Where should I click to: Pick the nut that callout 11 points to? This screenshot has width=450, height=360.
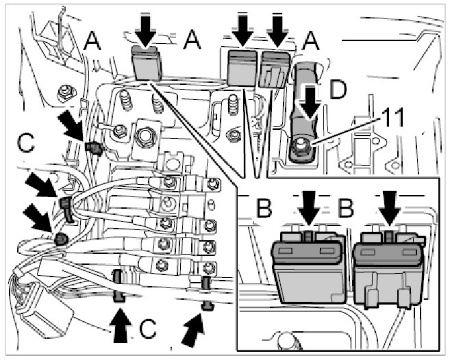pyautogui.click(x=302, y=144)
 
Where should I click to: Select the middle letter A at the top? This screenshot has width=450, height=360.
pyautogui.click(x=194, y=43)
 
